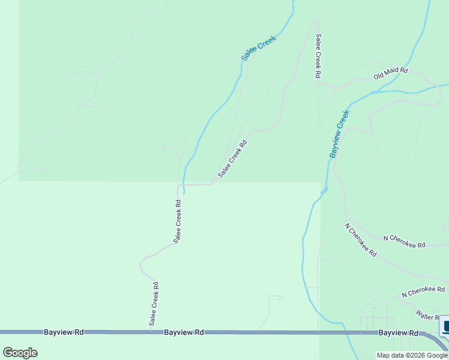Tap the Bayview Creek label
339,134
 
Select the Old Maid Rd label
391,74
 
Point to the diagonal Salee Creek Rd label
232,159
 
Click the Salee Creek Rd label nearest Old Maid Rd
318,56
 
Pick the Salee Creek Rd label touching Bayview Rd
154,304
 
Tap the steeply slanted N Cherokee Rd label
360,240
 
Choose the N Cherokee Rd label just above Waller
423,290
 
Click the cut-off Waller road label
429,314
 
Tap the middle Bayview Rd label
184,332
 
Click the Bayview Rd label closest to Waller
398,332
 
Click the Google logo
20,353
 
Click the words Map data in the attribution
387,355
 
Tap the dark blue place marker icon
445,327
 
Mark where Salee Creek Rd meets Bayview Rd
150,332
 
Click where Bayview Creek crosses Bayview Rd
345,332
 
